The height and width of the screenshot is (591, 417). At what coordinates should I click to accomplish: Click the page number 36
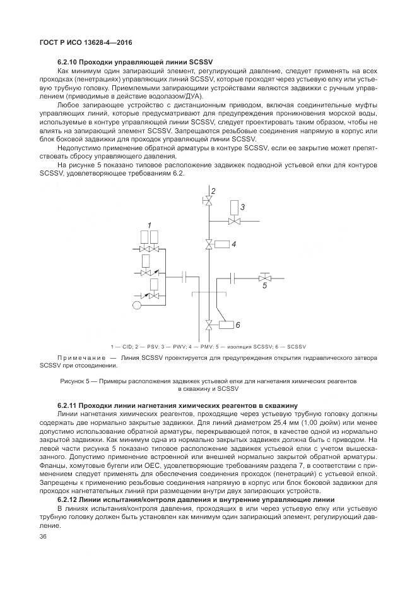(44, 537)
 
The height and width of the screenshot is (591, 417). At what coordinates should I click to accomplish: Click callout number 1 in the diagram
(150, 225)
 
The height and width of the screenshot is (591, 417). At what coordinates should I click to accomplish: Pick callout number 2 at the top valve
(213, 191)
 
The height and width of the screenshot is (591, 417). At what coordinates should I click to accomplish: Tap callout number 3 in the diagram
(242, 206)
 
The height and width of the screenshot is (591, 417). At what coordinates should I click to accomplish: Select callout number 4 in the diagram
(233, 243)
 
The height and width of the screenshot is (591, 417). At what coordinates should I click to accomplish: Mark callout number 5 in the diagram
(265, 286)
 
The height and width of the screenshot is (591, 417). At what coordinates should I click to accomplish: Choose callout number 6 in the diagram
(238, 325)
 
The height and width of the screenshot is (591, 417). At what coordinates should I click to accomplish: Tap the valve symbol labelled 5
(265, 277)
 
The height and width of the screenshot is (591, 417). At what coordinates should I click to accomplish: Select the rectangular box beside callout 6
(226, 325)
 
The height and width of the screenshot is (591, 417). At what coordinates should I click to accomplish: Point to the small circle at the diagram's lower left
(136, 306)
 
